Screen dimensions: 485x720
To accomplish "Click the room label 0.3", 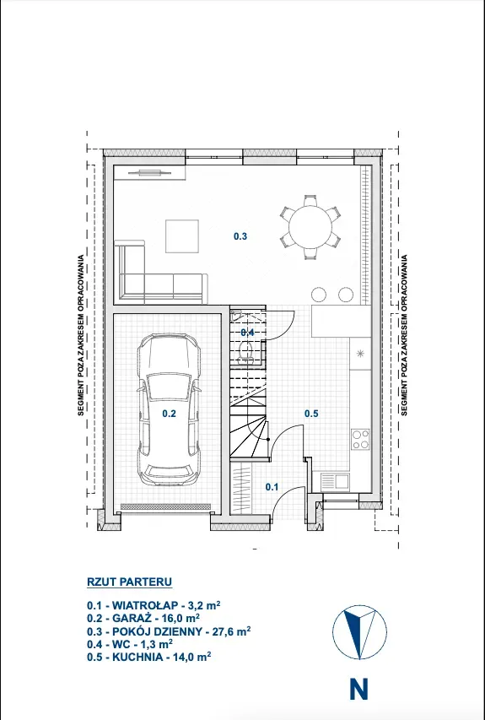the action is coord(240,236).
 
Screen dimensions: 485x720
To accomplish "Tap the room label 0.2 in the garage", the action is coord(170,414).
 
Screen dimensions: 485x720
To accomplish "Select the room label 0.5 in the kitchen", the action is coord(311,414).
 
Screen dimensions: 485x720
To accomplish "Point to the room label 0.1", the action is coord(272,487).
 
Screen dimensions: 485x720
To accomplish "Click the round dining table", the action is coord(310,227).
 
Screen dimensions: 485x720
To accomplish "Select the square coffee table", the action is coord(182,236).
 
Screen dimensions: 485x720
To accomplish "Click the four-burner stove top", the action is coord(360,439).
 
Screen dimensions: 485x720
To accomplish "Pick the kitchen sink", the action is coord(335,482).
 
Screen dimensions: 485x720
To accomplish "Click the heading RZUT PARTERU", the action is coord(129,582).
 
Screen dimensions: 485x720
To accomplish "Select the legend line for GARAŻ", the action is coord(143,618).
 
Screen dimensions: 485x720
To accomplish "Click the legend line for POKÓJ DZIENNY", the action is coord(169,631).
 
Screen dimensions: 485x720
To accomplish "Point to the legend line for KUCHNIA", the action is coord(148,657).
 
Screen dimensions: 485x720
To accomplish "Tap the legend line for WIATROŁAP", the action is coord(154,604).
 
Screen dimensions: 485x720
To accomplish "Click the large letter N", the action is coord(358,690).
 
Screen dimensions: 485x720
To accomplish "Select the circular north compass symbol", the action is coord(359,633).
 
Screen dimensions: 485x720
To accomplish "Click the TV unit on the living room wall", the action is coord(149,172).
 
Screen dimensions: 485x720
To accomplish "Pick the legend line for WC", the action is coord(130,644).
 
